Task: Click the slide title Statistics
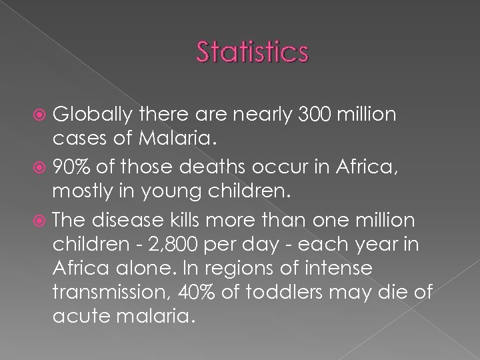(x=253, y=51)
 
